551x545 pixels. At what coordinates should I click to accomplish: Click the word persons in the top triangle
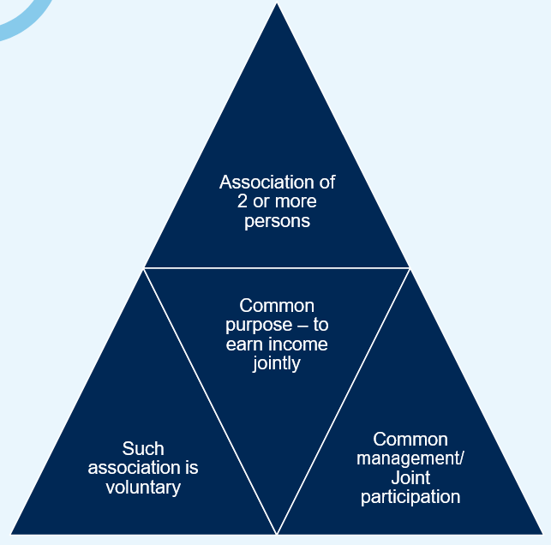pos(277,221)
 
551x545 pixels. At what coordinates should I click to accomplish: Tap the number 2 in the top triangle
pos(243,202)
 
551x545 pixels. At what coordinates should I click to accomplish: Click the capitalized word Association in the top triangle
pos(267,183)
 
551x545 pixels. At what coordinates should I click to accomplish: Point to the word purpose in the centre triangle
pos(256,326)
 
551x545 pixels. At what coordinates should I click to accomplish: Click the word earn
pos(243,344)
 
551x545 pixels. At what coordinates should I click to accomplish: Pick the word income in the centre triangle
pos(297,344)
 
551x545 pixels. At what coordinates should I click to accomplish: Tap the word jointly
pos(277,363)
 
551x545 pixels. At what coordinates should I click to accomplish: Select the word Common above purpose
pos(277,306)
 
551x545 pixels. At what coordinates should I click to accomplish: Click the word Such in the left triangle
pos(143,449)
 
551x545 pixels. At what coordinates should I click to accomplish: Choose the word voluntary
pos(143,488)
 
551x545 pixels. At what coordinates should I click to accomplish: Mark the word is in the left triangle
pos(191,468)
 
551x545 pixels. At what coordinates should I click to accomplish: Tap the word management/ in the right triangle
pos(410,458)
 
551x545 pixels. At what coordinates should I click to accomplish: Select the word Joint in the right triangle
pos(410,477)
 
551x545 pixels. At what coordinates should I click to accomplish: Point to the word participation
pos(410,497)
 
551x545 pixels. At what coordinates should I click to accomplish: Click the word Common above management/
pos(410,439)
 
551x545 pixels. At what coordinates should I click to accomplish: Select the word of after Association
pos(326,183)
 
